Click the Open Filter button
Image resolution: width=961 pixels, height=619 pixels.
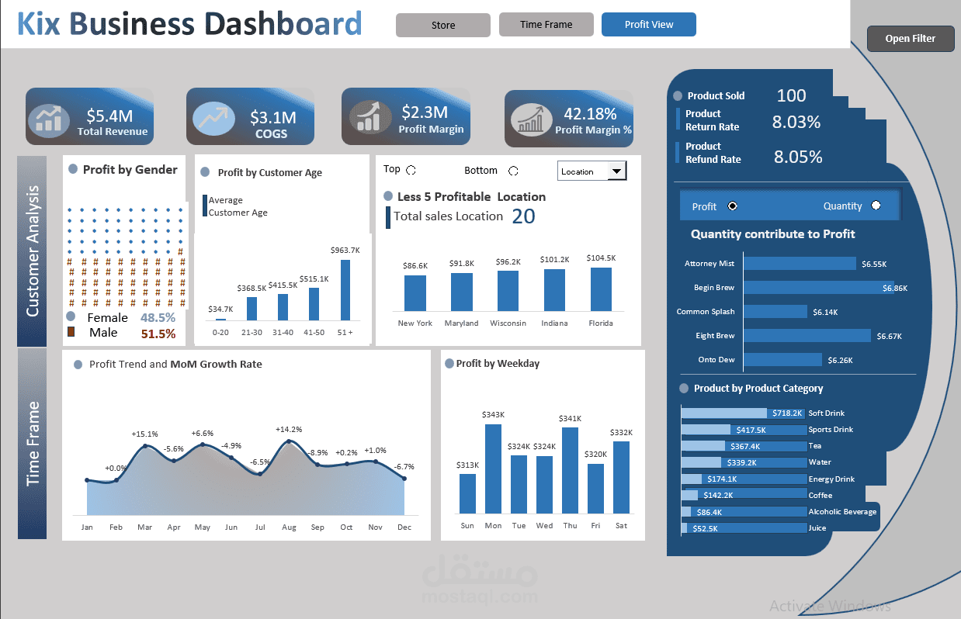(911, 39)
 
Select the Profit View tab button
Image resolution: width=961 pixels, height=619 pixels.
(648, 25)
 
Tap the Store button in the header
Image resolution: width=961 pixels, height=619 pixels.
(442, 26)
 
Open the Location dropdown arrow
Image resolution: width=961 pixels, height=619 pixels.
(616, 171)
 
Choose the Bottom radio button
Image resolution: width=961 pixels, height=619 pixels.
(513, 171)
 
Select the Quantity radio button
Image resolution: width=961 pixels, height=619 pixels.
(876, 206)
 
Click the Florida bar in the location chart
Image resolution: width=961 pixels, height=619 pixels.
(601, 289)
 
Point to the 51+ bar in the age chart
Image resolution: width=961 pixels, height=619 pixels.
(345, 289)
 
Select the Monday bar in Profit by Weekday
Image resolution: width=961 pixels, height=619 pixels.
(493, 469)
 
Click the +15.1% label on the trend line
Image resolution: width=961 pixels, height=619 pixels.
(144, 434)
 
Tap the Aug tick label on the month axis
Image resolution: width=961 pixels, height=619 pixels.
(289, 527)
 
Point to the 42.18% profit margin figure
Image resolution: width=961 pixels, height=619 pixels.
(590, 114)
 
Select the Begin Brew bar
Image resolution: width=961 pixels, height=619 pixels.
(818, 288)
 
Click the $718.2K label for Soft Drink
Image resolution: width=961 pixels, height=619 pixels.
(787, 413)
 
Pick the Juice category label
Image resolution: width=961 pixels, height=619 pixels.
(817, 528)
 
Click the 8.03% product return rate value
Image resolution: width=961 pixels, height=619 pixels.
(796, 122)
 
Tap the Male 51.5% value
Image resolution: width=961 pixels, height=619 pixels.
(158, 334)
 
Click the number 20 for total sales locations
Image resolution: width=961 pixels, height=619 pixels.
(523, 216)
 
